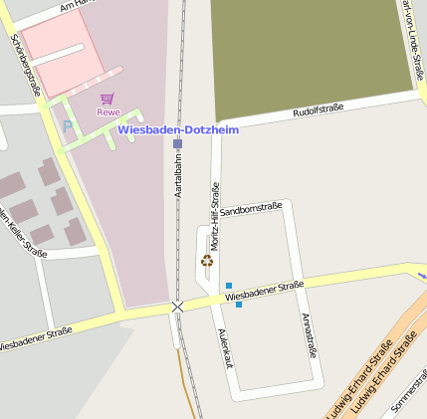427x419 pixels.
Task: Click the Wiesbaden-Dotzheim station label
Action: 178,129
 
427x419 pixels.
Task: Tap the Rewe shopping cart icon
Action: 107,99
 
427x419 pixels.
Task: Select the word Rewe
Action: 107,111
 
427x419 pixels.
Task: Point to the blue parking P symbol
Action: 68,126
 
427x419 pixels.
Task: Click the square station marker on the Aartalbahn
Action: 177,144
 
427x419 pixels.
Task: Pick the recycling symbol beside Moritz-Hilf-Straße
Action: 207,261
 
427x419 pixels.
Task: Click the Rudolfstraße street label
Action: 318,111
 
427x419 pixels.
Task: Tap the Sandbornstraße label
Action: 250,211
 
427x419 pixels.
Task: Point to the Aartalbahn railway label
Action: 178,172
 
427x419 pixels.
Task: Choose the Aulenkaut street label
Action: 226,348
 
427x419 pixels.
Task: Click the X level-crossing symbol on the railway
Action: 177,307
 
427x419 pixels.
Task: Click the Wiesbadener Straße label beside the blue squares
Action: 264,292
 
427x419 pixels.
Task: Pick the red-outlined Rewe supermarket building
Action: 60,50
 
